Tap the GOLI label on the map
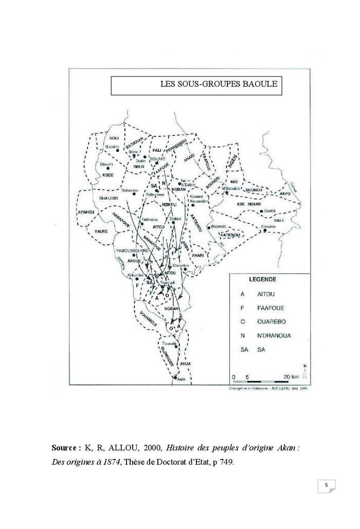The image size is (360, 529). [114, 138]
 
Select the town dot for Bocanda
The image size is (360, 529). [208, 227]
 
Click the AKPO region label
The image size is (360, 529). [284, 193]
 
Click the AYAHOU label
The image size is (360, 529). [86, 212]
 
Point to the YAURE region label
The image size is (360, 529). [101, 232]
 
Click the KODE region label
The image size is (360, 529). [108, 175]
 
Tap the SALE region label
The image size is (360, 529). [280, 220]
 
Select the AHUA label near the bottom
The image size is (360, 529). [185, 364]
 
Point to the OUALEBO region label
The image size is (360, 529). [109, 198]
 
